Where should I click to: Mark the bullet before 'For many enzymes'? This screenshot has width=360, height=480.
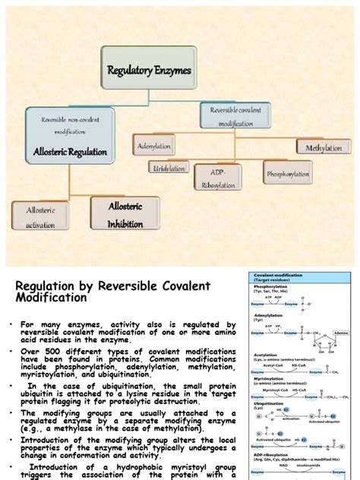12,324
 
